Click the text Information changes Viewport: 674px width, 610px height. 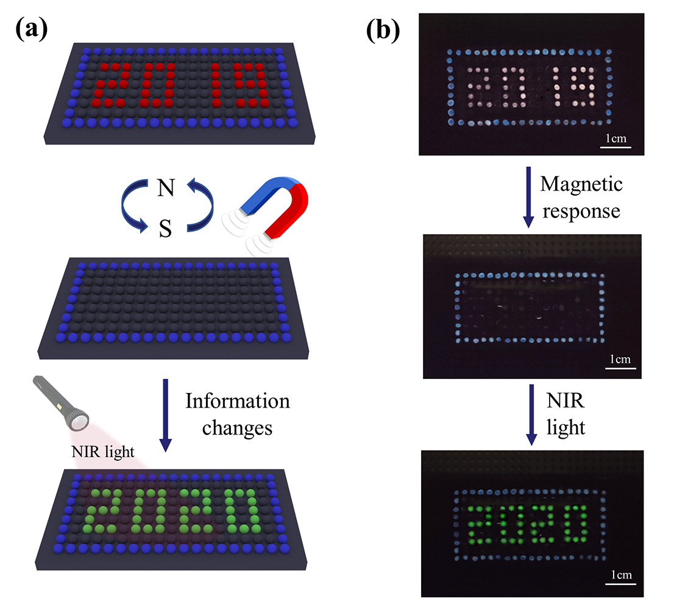[238, 414]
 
